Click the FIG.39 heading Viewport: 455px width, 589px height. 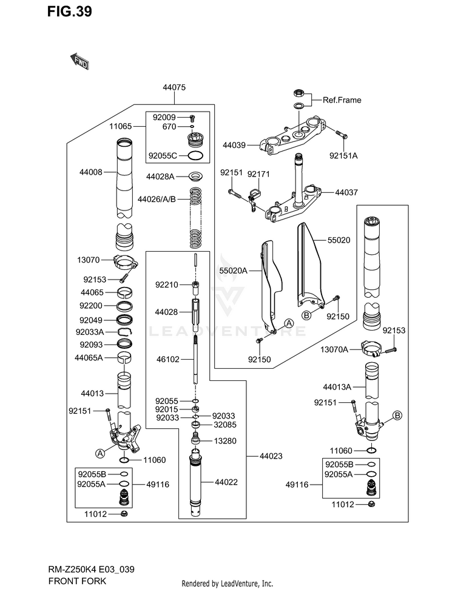point(70,12)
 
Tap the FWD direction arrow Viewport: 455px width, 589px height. point(79,61)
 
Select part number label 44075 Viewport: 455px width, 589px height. point(174,87)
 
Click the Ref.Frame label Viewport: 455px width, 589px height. point(342,100)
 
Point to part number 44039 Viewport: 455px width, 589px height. point(234,145)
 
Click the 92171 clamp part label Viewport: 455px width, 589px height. point(258,174)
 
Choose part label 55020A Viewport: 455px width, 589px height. point(234,271)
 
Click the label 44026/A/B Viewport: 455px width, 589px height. point(157,199)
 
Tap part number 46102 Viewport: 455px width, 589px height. point(168,360)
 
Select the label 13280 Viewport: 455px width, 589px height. point(225,441)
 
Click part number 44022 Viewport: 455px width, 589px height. point(226,482)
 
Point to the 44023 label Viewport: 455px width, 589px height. point(271,456)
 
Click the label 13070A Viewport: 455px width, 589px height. point(334,350)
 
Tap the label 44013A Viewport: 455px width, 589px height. point(337,387)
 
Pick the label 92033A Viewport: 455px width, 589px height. point(90,332)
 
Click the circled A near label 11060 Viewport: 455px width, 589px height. point(100,453)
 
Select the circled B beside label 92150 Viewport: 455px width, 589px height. point(306,315)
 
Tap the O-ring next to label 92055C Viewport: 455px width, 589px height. point(195,155)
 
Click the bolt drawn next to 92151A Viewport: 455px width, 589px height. point(342,133)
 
